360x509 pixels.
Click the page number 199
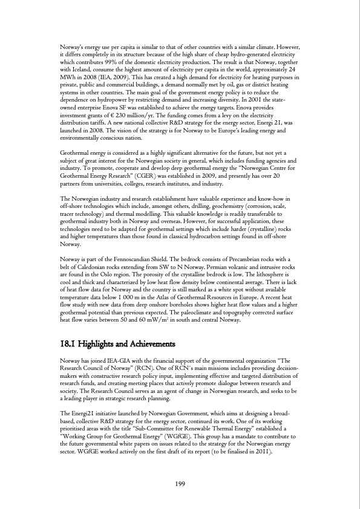(x=180, y=484)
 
